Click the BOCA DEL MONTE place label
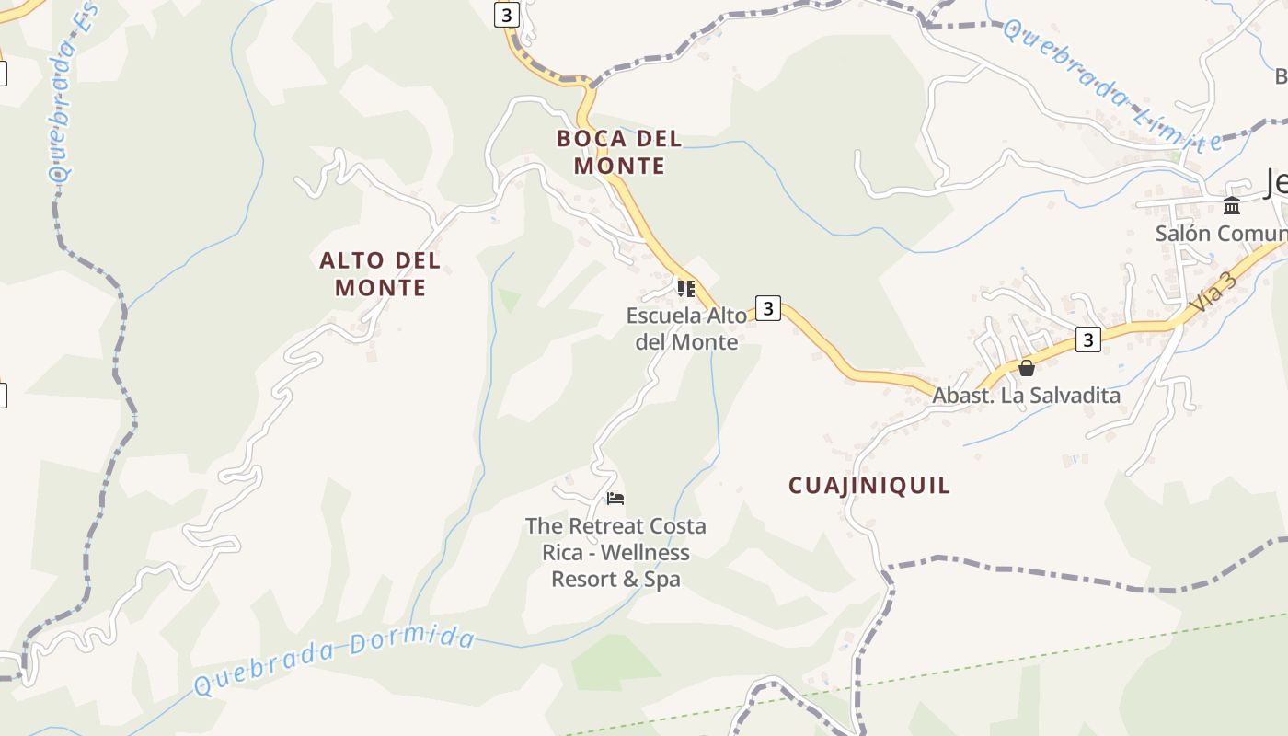pos(618,152)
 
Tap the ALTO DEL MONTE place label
pos(380,273)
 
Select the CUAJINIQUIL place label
pos(868,486)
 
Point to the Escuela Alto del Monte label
pos(686,328)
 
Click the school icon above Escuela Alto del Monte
pos(685,289)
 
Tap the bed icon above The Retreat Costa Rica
pos(615,499)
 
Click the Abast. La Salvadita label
pos(1026,396)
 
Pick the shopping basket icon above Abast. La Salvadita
pos(1027,368)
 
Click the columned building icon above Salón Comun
pos(1231,205)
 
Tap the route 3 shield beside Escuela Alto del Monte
pos(768,307)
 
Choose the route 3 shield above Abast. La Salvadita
pos(1088,339)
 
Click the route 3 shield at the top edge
pos(505,15)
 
